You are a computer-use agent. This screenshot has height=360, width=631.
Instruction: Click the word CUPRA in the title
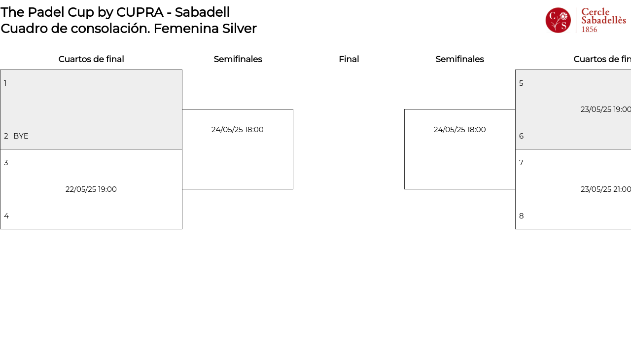[140, 12]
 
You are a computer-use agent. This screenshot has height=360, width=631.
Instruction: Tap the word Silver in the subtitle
[239, 29]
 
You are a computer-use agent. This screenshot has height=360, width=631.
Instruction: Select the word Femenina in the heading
[186, 29]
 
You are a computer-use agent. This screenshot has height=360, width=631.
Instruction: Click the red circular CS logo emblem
[558, 20]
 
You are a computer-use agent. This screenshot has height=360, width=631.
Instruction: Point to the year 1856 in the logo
[589, 30]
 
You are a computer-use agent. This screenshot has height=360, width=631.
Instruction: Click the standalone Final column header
[349, 59]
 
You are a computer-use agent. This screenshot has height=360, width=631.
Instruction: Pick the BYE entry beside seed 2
[21, 136]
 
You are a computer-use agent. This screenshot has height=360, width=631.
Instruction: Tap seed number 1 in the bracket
[5, 83]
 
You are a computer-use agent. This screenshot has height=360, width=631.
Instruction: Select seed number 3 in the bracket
[6, 163]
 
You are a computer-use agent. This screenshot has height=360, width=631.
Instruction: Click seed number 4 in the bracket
[6, 216]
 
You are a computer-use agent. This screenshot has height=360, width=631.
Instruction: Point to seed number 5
[521, 83]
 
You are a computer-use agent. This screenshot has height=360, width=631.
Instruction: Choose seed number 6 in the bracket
[522, 136]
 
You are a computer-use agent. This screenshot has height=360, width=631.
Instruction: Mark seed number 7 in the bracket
[521, 163]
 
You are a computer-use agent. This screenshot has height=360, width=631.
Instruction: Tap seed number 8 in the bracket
[522, 216]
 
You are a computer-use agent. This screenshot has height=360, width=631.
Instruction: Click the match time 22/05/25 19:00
[91, 189]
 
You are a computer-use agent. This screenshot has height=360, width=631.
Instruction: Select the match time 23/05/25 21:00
[606, 189]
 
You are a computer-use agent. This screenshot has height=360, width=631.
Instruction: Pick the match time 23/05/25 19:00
[606, 109]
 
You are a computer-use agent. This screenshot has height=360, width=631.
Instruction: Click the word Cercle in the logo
[596, 12]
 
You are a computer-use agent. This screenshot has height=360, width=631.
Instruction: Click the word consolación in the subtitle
[110, 29]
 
